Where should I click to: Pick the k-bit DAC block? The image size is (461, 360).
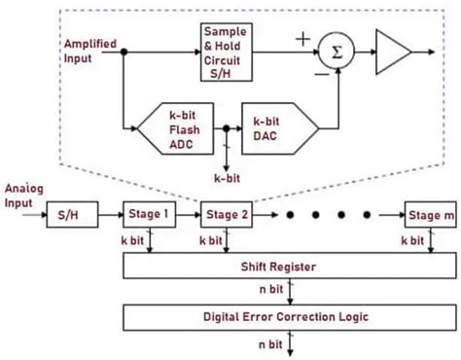(x=276, y=125)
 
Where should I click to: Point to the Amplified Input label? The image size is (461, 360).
(x=90, y=51)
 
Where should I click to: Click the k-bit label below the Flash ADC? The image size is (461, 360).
(x=226, y=178)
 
